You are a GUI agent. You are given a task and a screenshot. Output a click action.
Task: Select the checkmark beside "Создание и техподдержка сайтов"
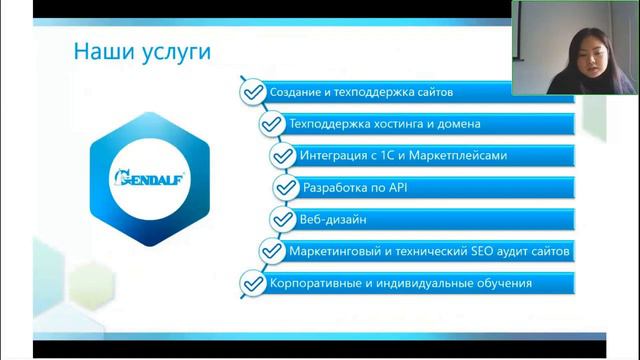click(250, 92)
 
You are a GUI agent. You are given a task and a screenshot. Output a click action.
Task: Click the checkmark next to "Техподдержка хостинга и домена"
click(270, 124)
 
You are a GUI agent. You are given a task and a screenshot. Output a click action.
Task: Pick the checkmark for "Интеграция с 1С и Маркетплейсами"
click(282, 156)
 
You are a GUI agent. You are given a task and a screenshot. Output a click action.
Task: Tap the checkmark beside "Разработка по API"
click(285, 187)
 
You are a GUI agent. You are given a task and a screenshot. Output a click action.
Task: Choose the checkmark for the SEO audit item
click(270, 251)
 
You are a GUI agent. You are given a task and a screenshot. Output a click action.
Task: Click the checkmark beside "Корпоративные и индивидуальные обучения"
click(251, 283)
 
